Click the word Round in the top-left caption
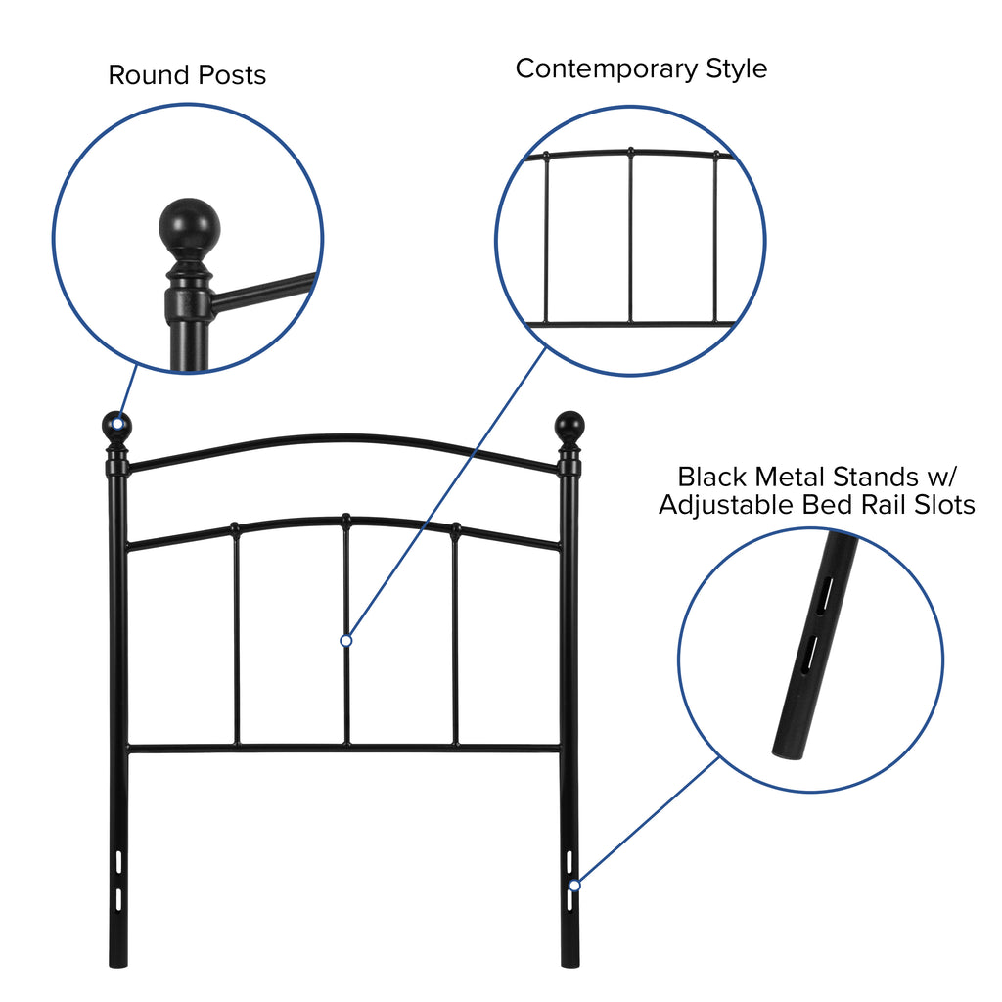point(149,75)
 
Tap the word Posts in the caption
point(232,75)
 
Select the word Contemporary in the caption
point(607,69)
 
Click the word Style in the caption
point(736,69)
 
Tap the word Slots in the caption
point(944,505)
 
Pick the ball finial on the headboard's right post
point(569,427)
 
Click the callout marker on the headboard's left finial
point(117,424)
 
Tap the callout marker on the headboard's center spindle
point(346,640)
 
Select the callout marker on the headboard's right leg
point(575,885)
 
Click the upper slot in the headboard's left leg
point(118,861)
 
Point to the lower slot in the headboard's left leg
point(118,899)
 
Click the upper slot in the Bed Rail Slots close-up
point(826,595)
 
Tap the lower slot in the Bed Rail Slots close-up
point(809,653)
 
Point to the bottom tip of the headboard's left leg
point(118,965)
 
